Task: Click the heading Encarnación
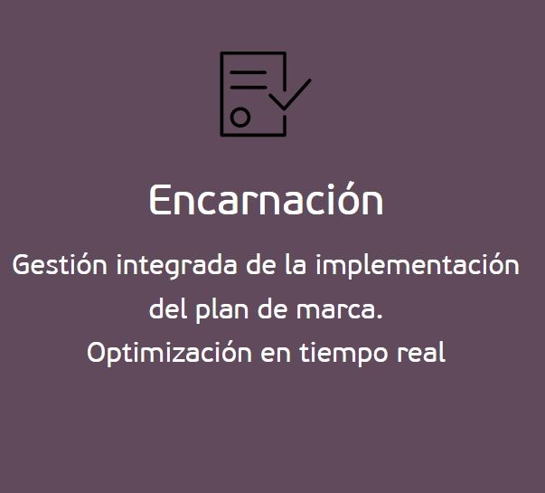click(267, 199)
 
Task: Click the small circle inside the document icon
click(240, 117)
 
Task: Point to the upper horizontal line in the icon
click(248, 72)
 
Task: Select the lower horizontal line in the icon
click(249, 87)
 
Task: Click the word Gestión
click(60, 265)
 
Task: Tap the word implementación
click(418, 266)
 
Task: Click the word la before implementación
click(296, 265)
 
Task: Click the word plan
click(221, 310)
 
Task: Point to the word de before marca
click(273, 308)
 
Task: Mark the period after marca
click(380, 316)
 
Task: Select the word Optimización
click(169, 354)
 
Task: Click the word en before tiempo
click(276, 355)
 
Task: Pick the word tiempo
click(343, 355)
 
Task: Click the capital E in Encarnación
click(160, 200)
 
